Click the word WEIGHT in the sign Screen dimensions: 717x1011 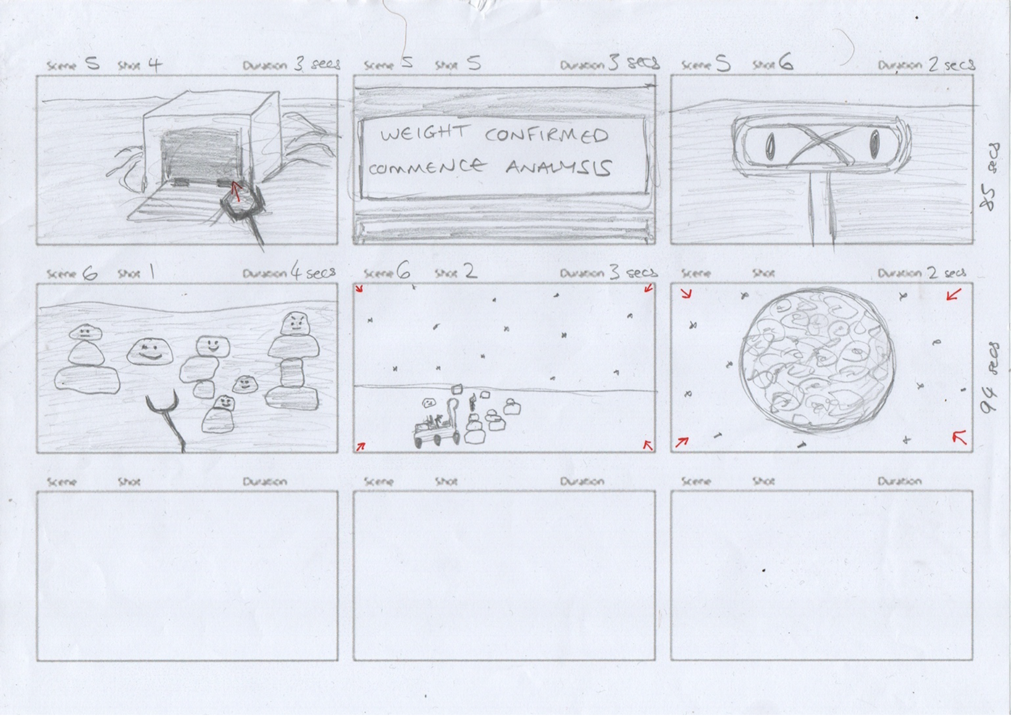(x=424, y=134)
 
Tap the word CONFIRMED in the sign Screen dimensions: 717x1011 (x=546, y=135)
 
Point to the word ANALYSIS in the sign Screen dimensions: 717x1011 (x=558, y=168)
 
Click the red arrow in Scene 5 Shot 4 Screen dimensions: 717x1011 (x=236, y=191)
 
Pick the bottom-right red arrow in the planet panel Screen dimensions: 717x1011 (x=960, y=437)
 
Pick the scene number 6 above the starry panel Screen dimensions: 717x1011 (x=403, y=272)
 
